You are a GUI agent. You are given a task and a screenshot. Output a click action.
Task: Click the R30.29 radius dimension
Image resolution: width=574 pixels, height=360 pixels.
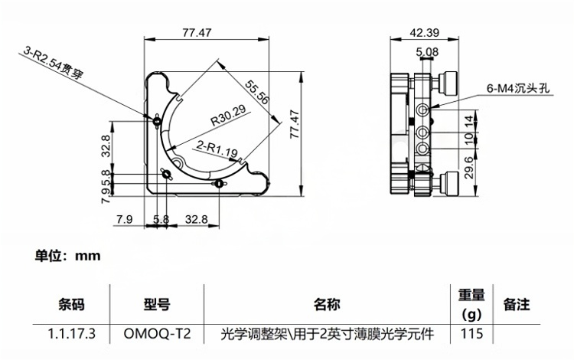[228, 116]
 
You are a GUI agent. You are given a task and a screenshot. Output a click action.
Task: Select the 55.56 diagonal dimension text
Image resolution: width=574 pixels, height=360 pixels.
[257, 92]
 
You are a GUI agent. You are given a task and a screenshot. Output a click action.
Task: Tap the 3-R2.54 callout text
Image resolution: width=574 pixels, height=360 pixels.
[54, 62]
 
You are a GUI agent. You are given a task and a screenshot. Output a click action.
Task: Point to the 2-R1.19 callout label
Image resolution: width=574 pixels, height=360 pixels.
[217, 149]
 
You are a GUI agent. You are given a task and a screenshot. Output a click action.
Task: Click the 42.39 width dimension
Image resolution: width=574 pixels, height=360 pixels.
[424, 33]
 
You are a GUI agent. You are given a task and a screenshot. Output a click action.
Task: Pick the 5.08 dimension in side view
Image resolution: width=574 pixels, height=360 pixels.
[427, 51]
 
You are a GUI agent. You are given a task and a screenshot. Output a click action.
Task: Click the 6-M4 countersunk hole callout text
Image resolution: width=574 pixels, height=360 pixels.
[517, 88]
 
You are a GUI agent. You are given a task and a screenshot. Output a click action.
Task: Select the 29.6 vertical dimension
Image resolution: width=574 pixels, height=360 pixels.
[469, 168]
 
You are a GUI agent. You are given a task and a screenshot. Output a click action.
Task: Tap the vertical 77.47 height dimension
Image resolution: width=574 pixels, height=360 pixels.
[295, 124]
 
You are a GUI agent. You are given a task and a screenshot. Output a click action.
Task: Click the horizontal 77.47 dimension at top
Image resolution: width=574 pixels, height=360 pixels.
[197, 33]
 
